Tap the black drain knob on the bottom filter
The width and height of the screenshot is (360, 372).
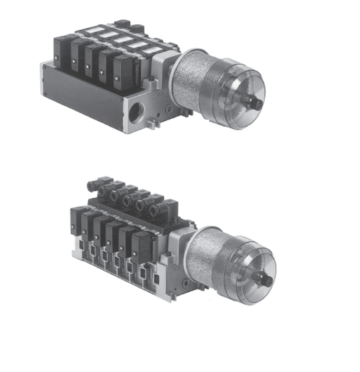267,280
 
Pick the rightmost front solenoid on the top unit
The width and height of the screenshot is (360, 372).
123,71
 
